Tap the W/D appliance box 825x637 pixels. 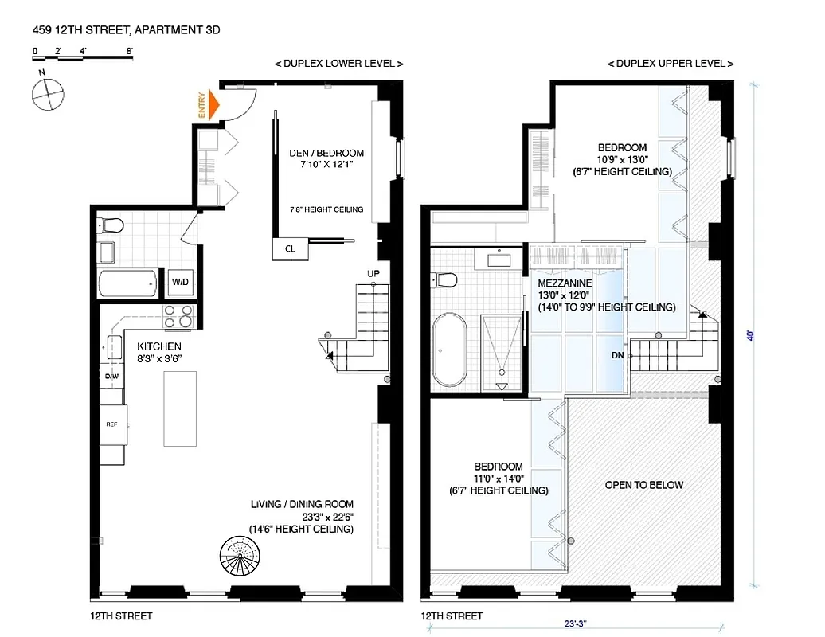click(179, 282)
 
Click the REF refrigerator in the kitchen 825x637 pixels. click(111, 424)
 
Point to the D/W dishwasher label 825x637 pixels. click(111, 377)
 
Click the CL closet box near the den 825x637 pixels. click(290, 248)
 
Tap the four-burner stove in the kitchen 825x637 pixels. click(178, 316)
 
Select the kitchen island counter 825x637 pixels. click(180, 408)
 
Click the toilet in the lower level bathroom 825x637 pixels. click(110, 225)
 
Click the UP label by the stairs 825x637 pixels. click(373, 274)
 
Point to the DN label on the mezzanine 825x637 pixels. click(617, 355)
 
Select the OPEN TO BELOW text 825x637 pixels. click(643, 485)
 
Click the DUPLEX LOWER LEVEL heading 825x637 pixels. click(338, 64)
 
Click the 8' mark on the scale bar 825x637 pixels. click(129, 51)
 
